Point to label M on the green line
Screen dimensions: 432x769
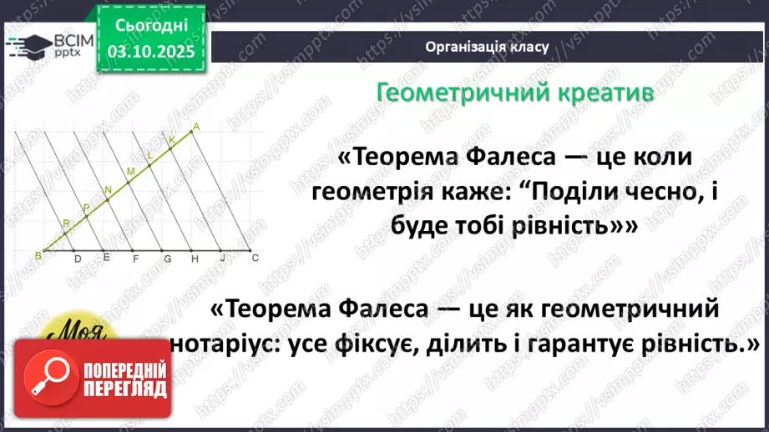(130, 172)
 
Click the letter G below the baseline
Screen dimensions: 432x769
(167, 259)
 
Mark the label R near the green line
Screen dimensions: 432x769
(67, 223)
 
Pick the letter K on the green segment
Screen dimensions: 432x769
(171, 139)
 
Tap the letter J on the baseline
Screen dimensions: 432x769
(223, 259)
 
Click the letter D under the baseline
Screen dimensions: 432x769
(78, 259)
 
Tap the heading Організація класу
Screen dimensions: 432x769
(486, 47)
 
